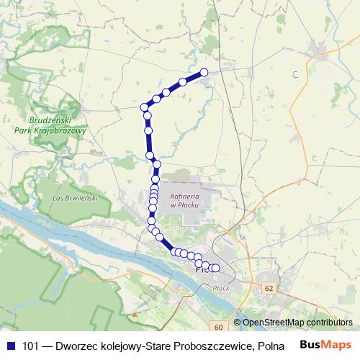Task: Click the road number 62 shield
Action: [269, 288]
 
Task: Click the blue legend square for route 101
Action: [10, 346]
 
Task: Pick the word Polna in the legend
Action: [270, 346]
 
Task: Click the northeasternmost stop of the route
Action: [204, 72]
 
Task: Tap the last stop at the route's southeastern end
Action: [215, 269]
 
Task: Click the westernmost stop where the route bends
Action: [144, 107]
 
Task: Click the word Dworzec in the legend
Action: [76, 346]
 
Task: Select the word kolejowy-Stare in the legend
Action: [137, 346]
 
